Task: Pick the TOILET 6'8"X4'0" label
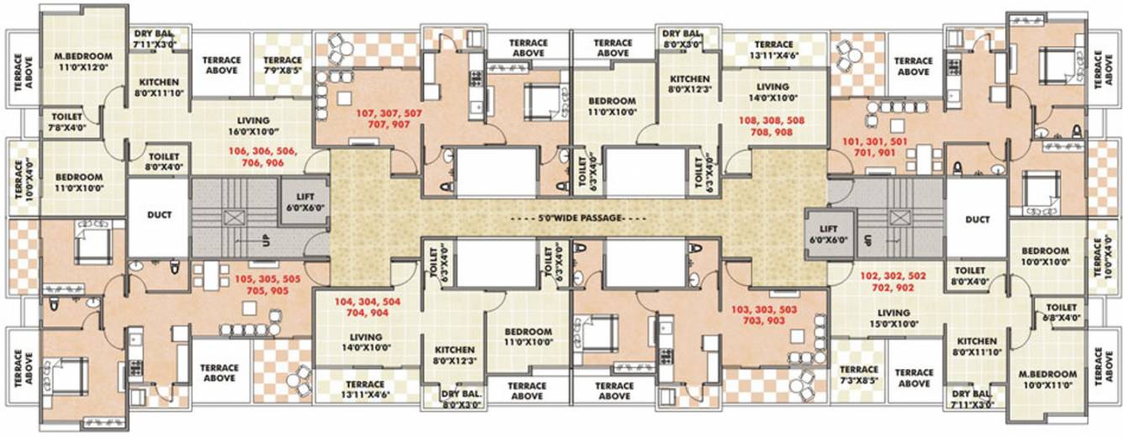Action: [x=1055, y=313]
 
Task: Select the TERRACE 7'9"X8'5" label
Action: [x=282, y=66]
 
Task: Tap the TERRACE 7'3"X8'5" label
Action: [x=859, y=375]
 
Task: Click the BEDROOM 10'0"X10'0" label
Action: [x=1046, y=256]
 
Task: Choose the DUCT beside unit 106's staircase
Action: [x=159, y=215]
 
